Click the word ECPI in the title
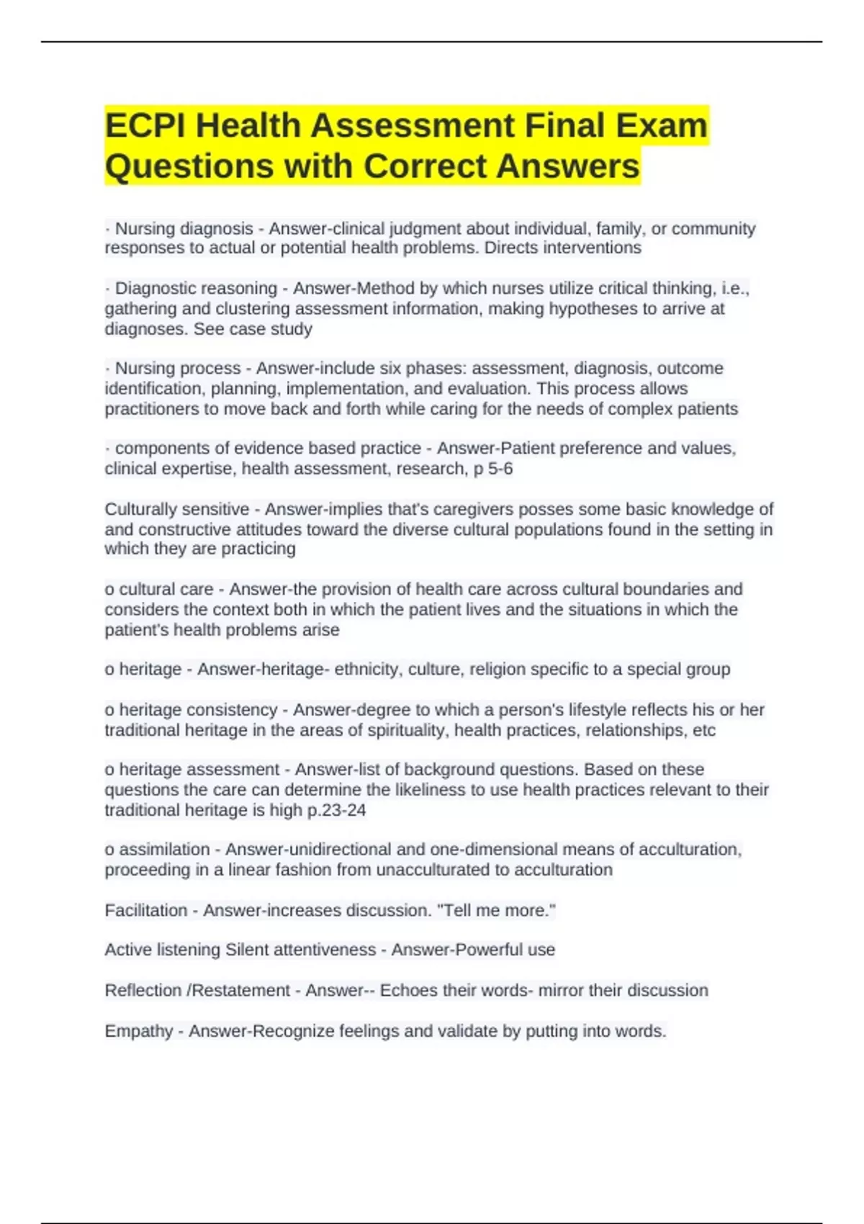(x=145, y=126)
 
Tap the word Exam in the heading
(x=662, y=126)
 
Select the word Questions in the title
(x=189, y=166)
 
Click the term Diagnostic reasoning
(x=196, y=289)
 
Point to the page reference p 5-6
(x=492, y=469)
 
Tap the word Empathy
(x=139, y=1031)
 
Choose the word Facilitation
(x=145, y=910)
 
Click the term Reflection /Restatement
(x=197, y=991)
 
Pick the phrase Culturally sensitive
(x=176, y=509)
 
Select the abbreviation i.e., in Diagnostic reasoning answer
(x=734, y=289)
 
